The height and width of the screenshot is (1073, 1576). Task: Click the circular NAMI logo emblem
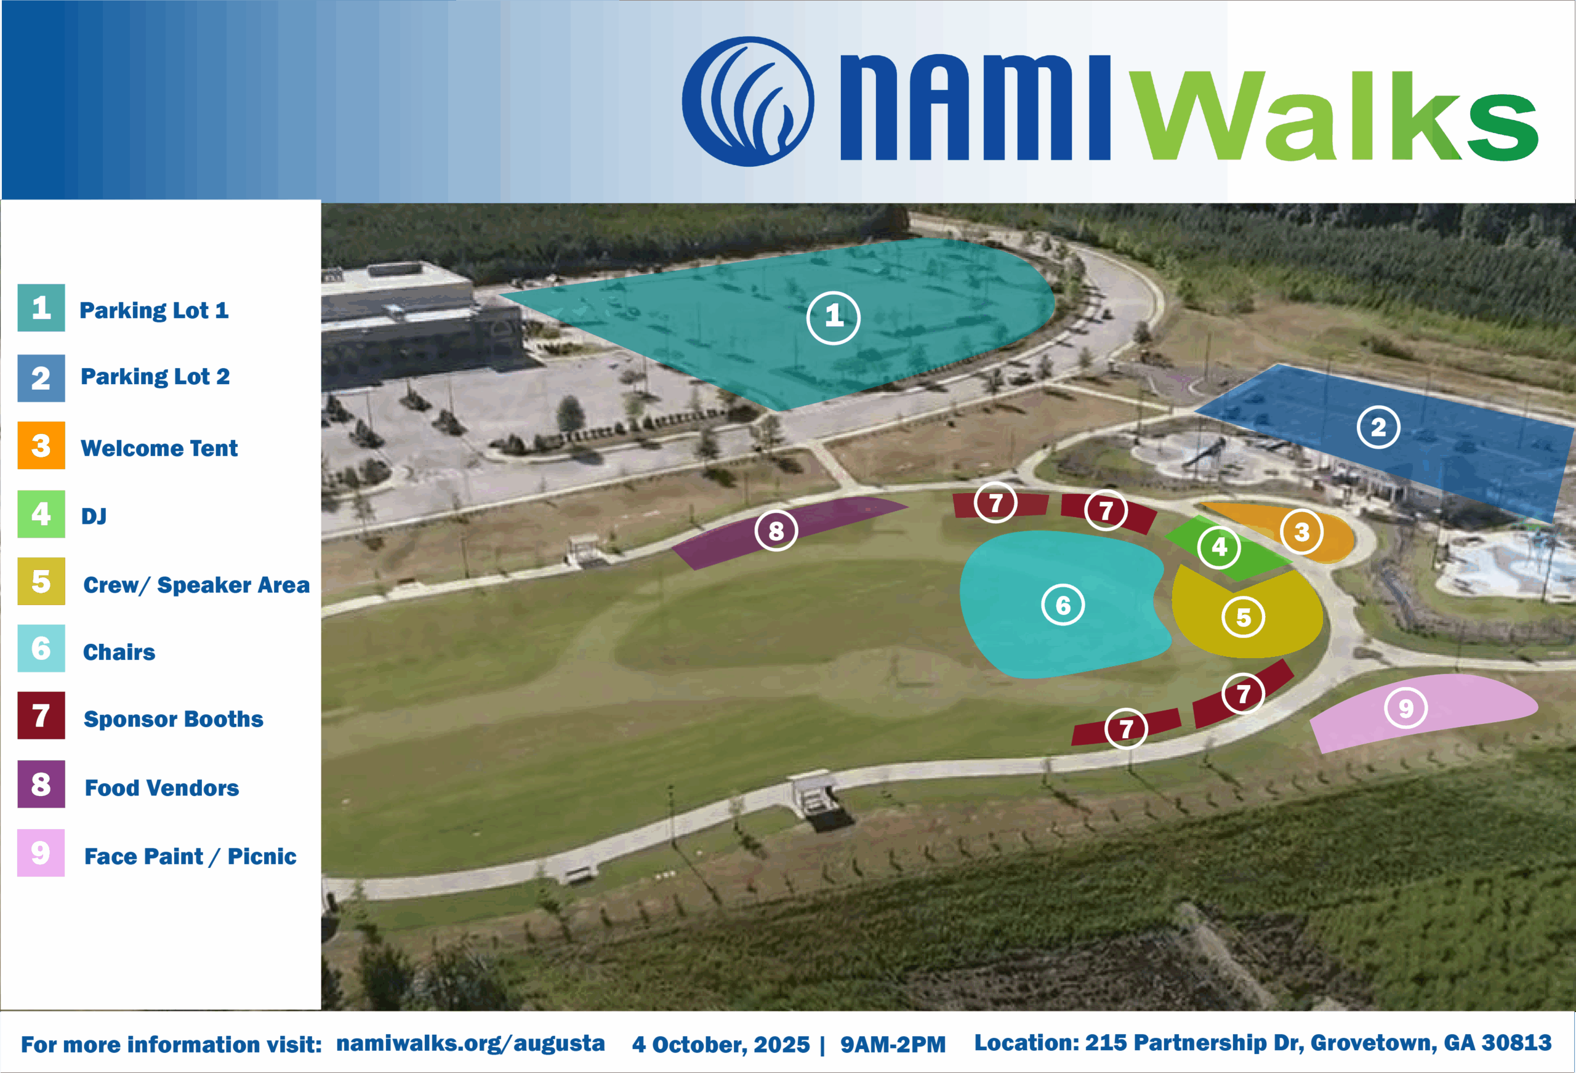(x=748, y=101)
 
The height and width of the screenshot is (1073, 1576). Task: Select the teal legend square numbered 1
(x=41, y=308)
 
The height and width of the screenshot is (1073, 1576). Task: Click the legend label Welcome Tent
(x=159, y=448)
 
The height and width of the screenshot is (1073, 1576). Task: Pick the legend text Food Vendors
(x=161, y=788)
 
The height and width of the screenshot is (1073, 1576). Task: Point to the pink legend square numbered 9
(x=41, y=853)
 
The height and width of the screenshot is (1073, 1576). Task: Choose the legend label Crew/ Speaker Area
(x=196, y=585)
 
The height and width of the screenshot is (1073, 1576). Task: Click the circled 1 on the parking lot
(x=834, y=318)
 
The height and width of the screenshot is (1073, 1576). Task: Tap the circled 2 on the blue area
(x=1378, y=427)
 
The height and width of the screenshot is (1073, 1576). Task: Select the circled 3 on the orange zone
(x=1301, y=532)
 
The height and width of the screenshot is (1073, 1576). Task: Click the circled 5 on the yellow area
(x=1243, y=617)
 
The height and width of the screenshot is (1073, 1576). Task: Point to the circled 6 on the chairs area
(x=1063, y=605)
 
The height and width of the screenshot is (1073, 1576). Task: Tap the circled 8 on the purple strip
(x=776, y=531)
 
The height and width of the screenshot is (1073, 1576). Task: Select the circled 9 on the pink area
(x=1406, y=708)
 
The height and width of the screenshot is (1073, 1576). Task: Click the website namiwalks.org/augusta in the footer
(x=470, y=1043)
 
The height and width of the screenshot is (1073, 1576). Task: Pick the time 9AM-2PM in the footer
(x=893, y=1045)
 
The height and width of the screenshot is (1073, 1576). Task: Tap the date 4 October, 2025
(x=721, y=1045)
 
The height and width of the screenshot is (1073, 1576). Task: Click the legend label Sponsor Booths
(x=174, y=719)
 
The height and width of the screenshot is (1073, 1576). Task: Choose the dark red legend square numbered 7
(x=41, y=715)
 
